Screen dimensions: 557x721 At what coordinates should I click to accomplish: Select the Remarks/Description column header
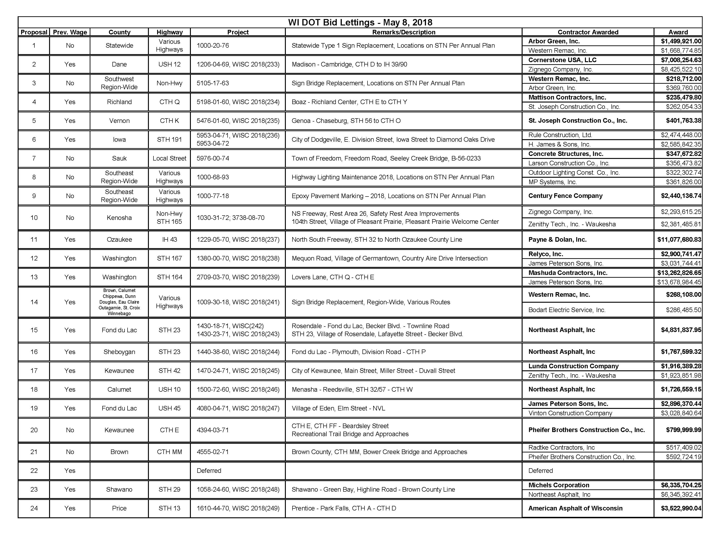(x=404, y=32)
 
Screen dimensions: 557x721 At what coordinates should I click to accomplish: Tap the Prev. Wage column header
(x=70, y=32)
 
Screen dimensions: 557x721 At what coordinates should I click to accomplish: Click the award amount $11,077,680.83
(x=679, y=240)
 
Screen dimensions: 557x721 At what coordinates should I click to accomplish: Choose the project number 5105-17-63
(x=213, y=83)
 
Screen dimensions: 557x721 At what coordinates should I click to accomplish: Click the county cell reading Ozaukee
(x=119, y=240)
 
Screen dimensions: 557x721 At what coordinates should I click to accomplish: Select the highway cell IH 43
(x=169, y=240)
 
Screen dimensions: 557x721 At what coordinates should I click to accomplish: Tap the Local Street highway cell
(x=169, y=158)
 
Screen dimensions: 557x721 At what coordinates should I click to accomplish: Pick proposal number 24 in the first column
(x=34, y=508)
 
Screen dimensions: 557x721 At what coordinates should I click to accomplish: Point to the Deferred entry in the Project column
(x=209, y=471)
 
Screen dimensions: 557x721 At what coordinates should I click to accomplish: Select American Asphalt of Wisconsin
(x=575, y=508)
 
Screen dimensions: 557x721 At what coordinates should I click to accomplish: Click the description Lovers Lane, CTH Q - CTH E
(x=333, y=277)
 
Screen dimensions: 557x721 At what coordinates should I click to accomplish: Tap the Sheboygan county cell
(x=119, y=352)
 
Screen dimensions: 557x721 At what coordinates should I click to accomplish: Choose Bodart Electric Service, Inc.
(x=567, y=310)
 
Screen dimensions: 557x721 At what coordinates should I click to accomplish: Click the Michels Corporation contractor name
(x=559, y=485)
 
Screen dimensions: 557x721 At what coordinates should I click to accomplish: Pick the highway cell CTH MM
(x=169, y=452)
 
